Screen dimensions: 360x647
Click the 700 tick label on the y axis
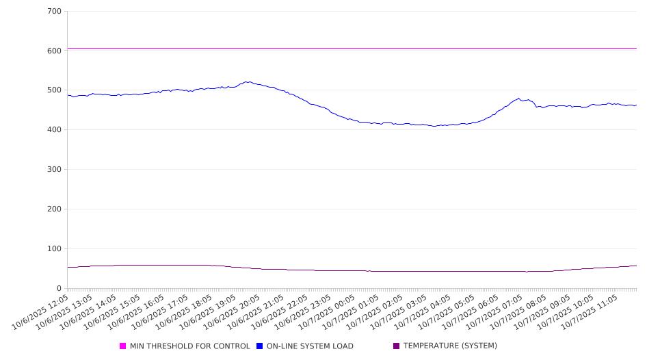coord(54,11)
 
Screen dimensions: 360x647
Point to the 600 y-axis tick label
coord(54,51)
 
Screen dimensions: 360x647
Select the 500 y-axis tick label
coord(54,90)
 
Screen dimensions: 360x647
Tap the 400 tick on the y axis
coord(54,130)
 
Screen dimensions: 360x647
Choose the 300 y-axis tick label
coord(54,170)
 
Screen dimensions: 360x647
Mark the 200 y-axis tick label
coord(54,209)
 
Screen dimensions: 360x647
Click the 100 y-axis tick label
coord(54,249)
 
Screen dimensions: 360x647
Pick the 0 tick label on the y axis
coord(59,289)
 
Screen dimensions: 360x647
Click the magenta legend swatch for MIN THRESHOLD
coord(123,346)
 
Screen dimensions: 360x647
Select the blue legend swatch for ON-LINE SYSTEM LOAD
coord(260,346)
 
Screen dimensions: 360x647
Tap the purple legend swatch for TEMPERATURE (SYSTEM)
coord(397,346)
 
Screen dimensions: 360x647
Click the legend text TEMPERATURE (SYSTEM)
coord(450,346)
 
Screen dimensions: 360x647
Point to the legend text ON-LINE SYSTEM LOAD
coord(310,346)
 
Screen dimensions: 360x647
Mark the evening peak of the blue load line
coord(247,82)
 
